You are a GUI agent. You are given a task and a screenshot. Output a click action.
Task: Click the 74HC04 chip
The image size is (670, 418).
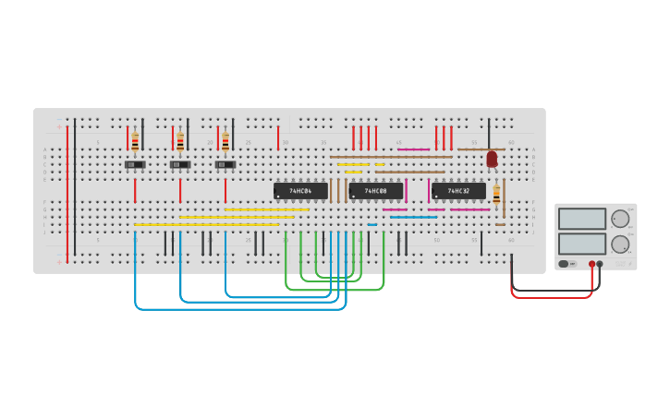point(300,191)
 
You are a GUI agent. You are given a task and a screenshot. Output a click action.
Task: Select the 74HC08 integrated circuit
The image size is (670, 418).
point(375,191)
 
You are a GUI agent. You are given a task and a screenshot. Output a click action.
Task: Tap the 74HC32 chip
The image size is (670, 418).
point(458,191)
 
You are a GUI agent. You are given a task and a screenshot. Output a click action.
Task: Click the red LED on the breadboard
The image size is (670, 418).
point(492,159)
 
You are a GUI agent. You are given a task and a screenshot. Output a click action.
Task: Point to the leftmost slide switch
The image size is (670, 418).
point(135,165)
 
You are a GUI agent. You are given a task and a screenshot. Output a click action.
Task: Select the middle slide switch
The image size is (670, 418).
point(180,165)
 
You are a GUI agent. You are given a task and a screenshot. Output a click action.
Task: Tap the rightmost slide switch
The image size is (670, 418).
point(225,165)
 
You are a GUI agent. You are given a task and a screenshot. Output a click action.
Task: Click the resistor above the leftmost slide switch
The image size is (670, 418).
point(135,141)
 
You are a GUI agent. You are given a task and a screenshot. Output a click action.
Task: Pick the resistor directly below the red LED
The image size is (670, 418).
point(496,195)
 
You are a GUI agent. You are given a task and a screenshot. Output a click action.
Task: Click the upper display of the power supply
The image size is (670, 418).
point(581,219)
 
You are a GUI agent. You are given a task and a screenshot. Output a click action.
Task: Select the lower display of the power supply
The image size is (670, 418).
point(581,244)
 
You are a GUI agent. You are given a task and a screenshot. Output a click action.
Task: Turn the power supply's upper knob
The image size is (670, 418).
point(620,219)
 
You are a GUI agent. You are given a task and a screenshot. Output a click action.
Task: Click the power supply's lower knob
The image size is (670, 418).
point(620,245)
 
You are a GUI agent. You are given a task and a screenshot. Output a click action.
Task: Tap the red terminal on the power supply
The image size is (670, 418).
point(591,264)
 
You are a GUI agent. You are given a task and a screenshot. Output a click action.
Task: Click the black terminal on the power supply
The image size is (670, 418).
point(600,264)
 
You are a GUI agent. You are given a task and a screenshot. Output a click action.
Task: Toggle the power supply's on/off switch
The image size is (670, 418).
point(564,264)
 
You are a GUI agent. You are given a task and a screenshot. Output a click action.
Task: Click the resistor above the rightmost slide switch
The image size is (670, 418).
point(225,141)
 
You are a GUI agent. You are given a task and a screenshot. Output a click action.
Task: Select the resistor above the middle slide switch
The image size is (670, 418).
point(180,141)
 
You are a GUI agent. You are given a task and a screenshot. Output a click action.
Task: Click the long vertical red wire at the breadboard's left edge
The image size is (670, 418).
point(67,194)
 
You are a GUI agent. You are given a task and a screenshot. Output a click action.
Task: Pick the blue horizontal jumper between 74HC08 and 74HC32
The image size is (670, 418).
point(413,217)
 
